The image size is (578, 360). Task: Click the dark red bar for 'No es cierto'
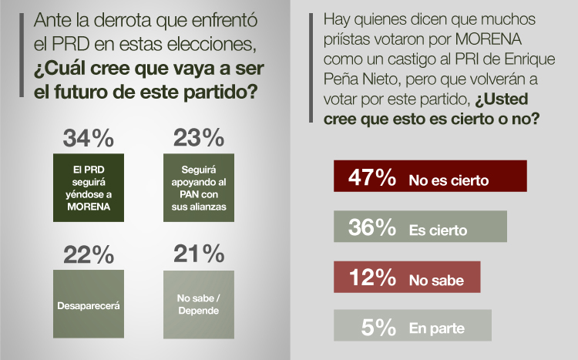pos(430,177)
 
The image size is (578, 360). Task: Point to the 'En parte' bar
pos(412,326)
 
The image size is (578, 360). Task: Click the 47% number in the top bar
pos(371,177)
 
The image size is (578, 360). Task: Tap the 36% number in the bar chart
pos(371,227)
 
